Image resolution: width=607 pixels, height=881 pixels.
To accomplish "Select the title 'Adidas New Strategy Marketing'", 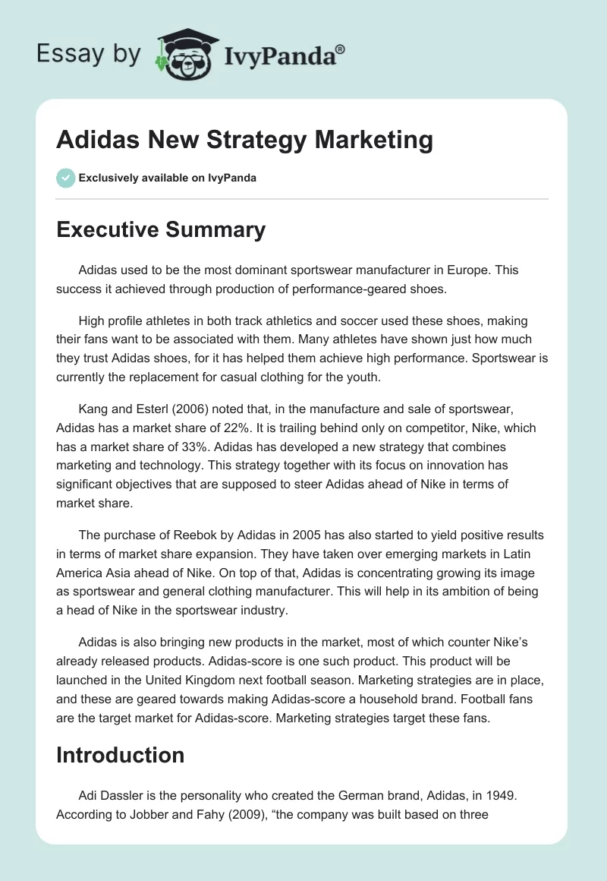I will point(245,140).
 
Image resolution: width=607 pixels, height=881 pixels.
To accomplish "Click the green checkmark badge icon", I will point(65,178).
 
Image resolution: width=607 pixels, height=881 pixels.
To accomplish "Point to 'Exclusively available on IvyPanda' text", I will point(168,178).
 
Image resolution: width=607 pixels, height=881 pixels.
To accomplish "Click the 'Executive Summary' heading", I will point(161,229).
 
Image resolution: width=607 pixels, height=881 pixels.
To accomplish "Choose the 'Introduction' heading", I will point(121,755).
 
